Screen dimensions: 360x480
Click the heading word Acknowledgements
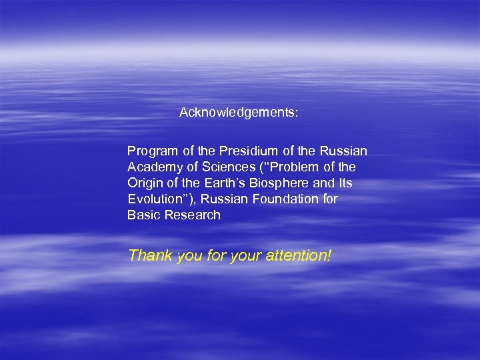pos(238,113)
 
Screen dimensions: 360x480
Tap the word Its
pos(344,183)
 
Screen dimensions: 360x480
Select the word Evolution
pos(154,199)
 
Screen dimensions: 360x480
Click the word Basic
pos(142,215)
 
